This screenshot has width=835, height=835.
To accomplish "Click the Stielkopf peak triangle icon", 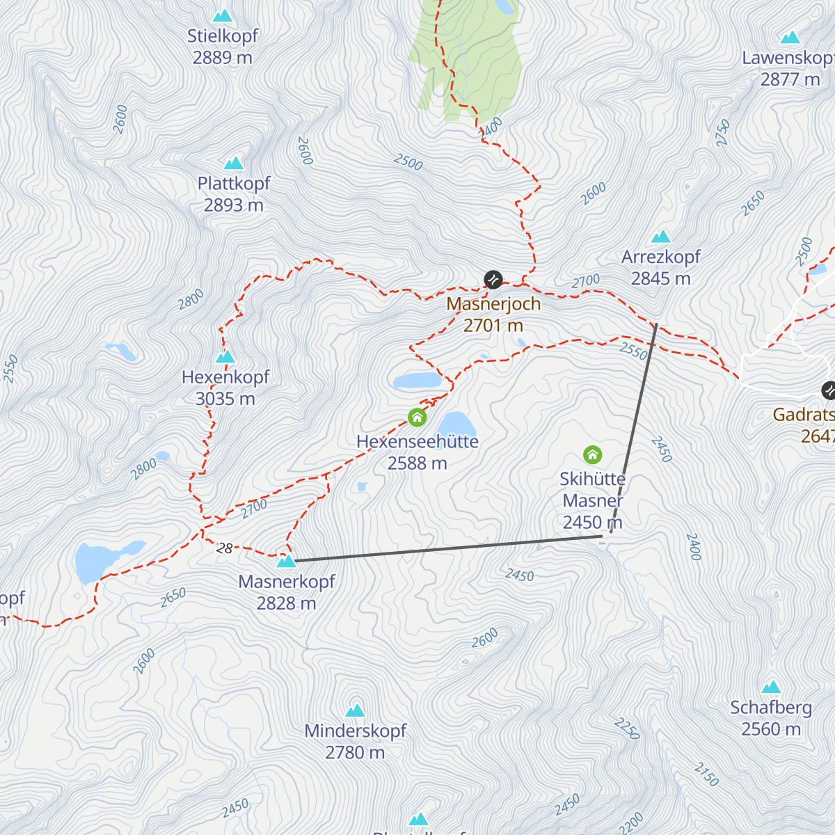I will coord(223,15).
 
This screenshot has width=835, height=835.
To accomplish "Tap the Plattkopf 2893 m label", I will coord(234,194).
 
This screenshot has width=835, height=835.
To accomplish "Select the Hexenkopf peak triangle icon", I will coord(225,357).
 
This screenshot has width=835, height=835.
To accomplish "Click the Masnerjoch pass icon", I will coord(493,280).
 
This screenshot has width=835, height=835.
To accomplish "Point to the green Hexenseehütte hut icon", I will coord(417,417).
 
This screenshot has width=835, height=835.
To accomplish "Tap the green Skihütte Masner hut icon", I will coord(592,455).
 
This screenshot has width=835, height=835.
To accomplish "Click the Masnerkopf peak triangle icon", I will coord(286,561).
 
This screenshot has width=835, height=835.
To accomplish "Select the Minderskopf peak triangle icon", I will coord(356,710).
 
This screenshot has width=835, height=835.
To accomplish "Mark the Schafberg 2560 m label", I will coord(771,718).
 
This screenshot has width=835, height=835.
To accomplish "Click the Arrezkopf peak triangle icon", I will coord(660,237).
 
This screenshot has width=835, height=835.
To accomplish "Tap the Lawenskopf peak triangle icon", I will coord(790,38).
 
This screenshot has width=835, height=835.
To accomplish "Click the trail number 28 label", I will coord(224,548).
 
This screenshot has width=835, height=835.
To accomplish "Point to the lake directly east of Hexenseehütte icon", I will coord(456,423).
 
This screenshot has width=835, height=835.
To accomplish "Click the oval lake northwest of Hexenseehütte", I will coord(417,381).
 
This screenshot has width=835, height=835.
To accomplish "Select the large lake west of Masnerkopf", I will coord(94,561).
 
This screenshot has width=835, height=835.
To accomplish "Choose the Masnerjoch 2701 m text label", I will coord(493,315).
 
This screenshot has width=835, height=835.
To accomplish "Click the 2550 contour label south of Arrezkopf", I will coord(633,351).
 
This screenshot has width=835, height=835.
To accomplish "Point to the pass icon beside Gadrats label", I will coord(828,390).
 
